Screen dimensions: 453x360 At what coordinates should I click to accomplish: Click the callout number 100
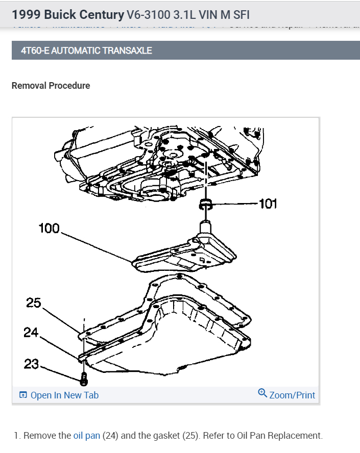tap(49, 228)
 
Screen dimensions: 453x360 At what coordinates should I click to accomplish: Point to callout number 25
tap(33, 303)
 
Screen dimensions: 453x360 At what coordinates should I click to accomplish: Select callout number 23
tap(31, 364)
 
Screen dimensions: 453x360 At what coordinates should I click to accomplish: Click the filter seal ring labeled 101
tap(206, 205)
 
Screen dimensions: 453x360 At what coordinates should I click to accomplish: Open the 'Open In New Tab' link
tap(64, 395)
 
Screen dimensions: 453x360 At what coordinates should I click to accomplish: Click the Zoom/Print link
tap(292, 395)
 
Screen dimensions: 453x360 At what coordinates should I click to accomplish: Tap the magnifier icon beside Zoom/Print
tap(262, 393)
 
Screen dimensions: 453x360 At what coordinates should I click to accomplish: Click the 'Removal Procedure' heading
tap(51, 86)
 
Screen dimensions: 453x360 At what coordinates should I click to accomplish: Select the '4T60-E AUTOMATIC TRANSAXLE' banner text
tap(86, 51)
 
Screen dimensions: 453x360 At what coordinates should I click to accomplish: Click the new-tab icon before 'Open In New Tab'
tap(23, 395)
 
